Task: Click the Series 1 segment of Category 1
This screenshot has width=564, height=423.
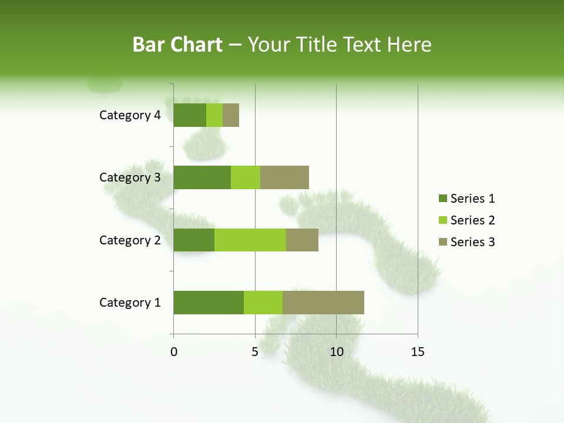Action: point(209,303)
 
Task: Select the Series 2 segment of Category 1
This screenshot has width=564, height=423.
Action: point(263,303)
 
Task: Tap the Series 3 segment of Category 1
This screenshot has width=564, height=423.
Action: point(323,303)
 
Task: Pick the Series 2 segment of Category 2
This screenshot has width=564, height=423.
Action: point(250,240)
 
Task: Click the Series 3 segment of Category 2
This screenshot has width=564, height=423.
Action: point(302,240)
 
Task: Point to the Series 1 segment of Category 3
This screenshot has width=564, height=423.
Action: point(202,177)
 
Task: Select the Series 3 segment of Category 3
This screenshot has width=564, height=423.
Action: point(284,177)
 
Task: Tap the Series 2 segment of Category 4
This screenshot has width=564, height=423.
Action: point(214,115)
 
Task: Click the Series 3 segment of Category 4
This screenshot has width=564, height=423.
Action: point(231,115)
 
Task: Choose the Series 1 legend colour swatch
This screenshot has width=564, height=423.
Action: point(442,199)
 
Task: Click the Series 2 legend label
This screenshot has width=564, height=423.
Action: point(472,220)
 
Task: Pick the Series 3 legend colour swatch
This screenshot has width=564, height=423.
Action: point(442,242)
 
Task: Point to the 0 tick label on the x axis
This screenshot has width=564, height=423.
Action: point(174,352)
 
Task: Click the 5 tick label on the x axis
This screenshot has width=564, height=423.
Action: point(255,352)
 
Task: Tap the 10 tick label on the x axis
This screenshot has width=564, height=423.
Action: point(336,352)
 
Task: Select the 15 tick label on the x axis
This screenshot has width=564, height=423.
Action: point(418,352)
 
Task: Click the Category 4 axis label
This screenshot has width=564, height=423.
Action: point(130,115)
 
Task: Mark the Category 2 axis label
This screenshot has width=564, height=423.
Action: point(130,240)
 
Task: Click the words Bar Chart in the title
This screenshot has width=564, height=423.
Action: point(177,45)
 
